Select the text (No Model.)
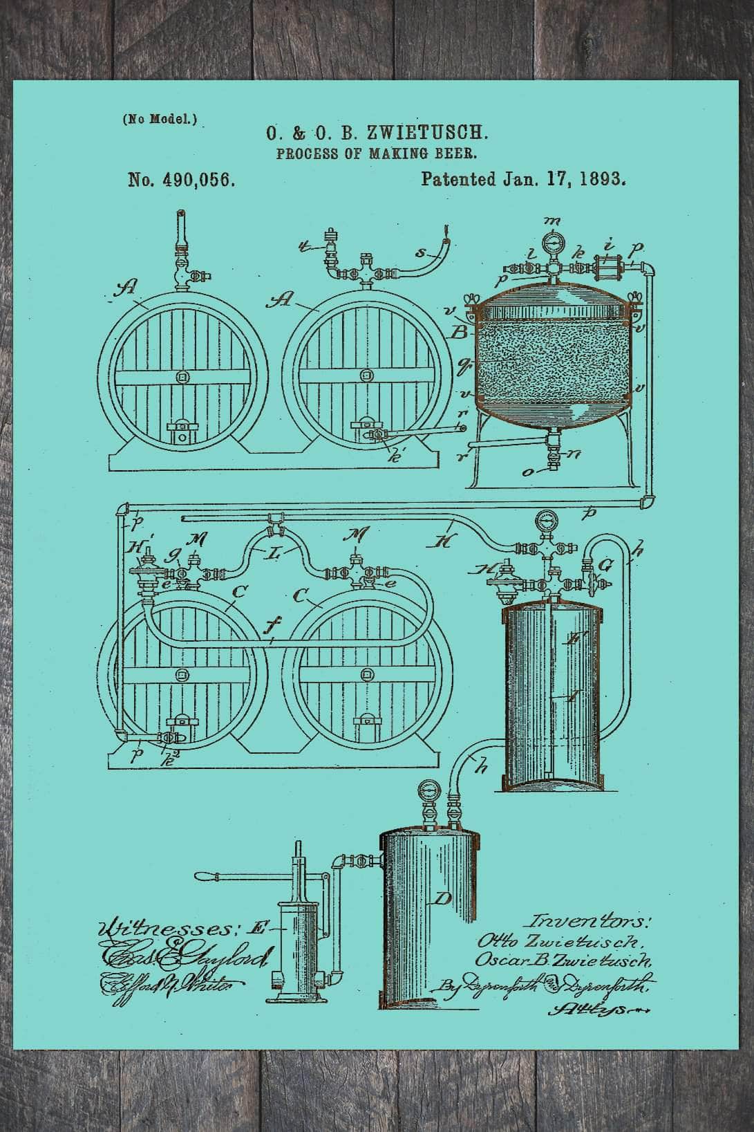[x=160, y=119]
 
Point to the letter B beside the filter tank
[x=458, y=333]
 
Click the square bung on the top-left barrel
[x=182, y=377]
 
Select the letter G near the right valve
[x=605, y=566]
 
